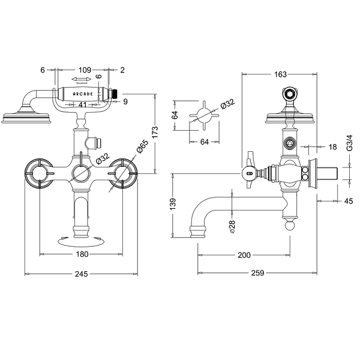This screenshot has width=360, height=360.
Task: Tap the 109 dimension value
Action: (85, 70)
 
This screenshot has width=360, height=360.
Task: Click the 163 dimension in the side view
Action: (280, 74)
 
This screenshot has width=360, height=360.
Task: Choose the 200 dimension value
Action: (244, 255)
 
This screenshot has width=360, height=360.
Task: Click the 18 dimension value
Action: (332, 146)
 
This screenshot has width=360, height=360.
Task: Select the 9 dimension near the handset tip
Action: (125, 101)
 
